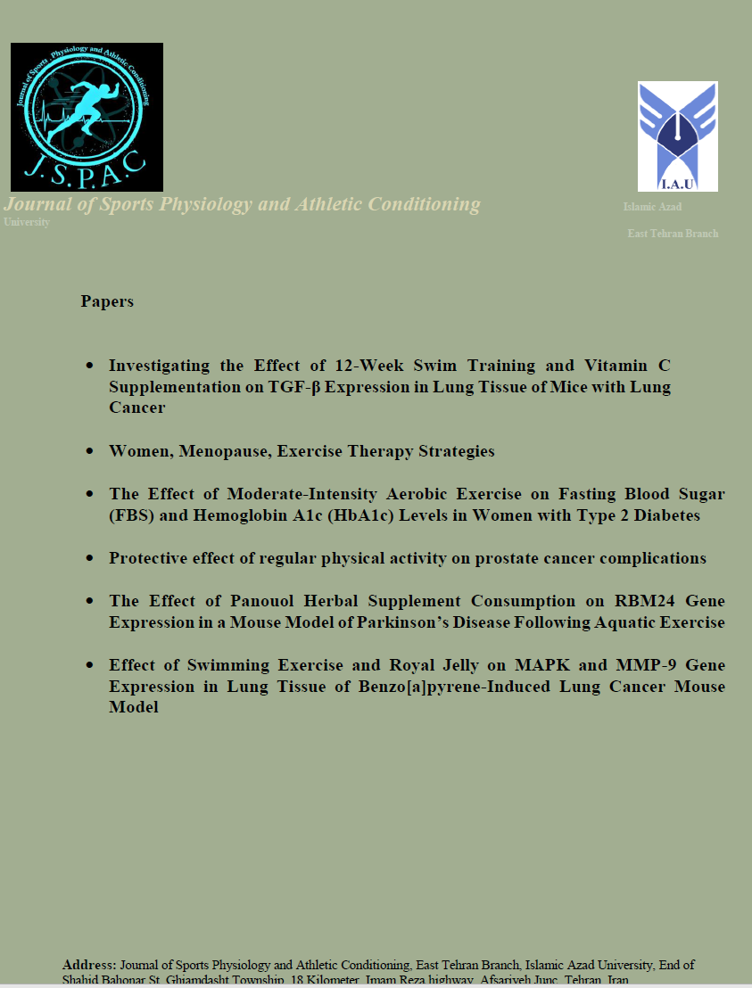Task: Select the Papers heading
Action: [x=107, y=301]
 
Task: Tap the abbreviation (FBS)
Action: [x=130, y=515]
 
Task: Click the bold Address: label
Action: [x=89, y=965]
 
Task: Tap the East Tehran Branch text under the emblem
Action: [x=673, y=234]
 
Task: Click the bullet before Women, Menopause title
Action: [x=89, y=452]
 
